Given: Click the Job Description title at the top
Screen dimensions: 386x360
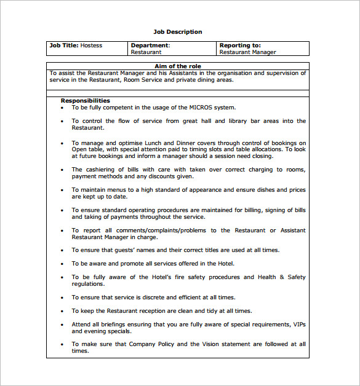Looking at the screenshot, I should (177, 32).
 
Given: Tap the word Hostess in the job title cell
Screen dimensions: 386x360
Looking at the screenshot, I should (91, 45).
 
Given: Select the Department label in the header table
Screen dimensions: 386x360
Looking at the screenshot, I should (150, 45).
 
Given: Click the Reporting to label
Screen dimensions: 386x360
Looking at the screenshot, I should (240, 45).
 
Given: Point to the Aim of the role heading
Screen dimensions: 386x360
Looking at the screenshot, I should (177, 66).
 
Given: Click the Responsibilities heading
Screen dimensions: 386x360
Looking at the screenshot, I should (86, 101).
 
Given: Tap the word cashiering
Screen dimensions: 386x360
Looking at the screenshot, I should (102, 170).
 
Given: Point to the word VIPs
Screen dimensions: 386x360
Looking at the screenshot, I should (298, 324).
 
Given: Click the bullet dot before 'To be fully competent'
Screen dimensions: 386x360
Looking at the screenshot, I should (62, 108).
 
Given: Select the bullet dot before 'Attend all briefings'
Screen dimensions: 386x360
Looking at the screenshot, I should (62, 324).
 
